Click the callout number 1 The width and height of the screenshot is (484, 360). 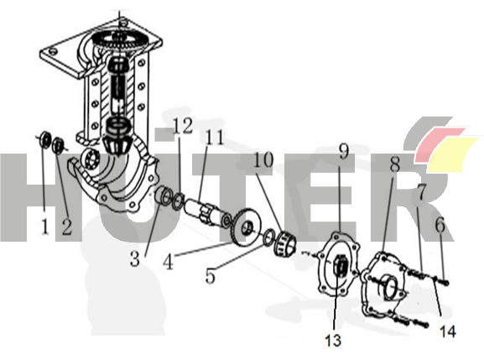(x=44, y=227)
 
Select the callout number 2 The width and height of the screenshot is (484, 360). (x=66, y=227)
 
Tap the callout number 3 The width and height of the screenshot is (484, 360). (x=134, y=258)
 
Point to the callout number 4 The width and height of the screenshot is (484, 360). (x=169, y=262)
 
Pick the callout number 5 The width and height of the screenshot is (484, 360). (x=211, y=275)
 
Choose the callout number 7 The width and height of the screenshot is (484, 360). (x=422, y=191)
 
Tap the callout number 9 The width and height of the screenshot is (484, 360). (x=344, y=151)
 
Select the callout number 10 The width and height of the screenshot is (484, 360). (x=263, y=159)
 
